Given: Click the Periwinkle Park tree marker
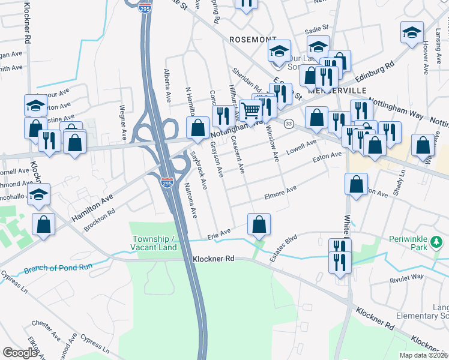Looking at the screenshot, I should [438, 242].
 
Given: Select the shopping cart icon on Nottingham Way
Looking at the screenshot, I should [251, 109].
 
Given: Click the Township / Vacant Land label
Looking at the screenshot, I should [154, 243].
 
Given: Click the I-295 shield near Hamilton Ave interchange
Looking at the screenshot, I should [167, 182].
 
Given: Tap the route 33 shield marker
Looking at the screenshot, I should [289, 124].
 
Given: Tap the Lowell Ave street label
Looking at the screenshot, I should [301, 146].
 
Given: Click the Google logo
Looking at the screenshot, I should [20, 353].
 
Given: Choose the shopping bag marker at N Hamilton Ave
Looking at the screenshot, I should [198, 127].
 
